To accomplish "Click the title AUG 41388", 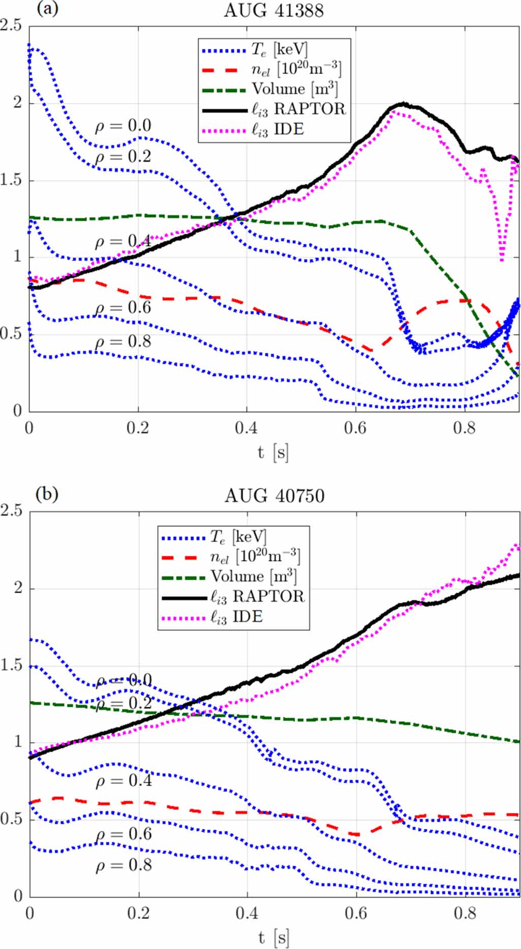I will [x=273, y=10].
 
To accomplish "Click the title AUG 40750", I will [x=274, y=495].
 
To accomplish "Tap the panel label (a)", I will [x=47, y=9].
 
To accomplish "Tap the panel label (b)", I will [x=47, y=494].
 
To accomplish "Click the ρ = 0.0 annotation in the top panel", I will [x=123, y=125].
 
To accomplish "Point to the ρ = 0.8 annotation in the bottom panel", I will [x=124, y=865].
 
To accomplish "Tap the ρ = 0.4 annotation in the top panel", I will [x=123, y=241].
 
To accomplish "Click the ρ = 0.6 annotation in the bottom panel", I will [x=124, y=834].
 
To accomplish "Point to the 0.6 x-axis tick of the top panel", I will [x=355, y=428].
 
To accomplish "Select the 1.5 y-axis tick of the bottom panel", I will [x=11, y=665].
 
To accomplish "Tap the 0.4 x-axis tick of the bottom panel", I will [x=247, y=913].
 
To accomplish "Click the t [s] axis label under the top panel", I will [x=273, y=452].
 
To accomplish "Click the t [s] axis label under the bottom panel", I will [x=273, y=937].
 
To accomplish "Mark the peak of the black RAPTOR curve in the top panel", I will [x=403, y=104].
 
